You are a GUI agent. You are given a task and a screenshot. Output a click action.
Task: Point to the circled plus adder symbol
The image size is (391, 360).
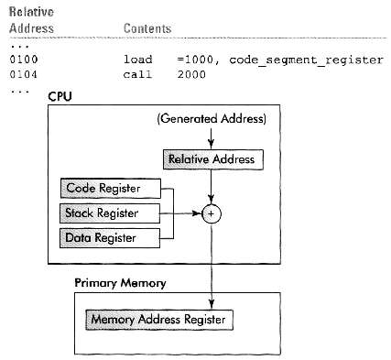212,214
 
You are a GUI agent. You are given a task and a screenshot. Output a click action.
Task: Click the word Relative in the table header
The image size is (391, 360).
27,12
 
